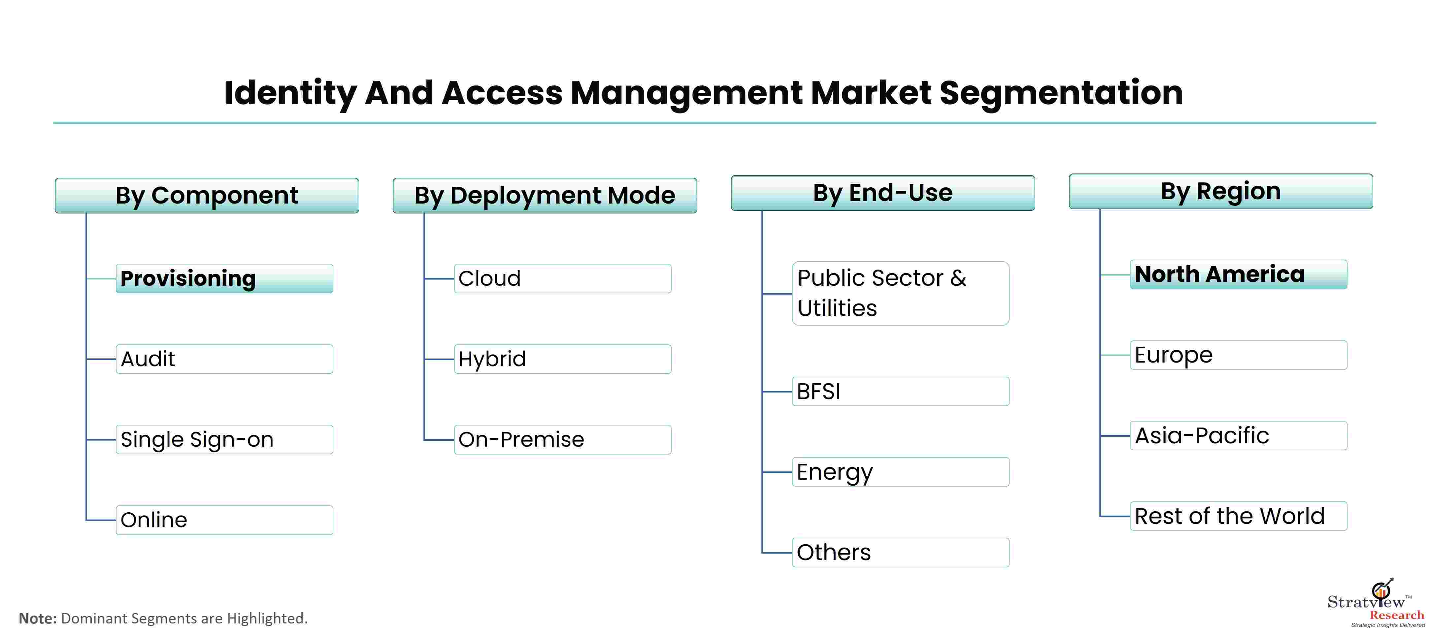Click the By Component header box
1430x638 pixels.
207,195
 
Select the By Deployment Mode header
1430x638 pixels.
545,195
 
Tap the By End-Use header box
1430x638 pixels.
882,193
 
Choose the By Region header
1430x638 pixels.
1221,191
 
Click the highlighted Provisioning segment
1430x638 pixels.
224,278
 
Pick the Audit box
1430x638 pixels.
224,359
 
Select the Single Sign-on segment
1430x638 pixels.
224,439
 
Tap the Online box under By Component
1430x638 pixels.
224,520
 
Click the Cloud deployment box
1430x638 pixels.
562,278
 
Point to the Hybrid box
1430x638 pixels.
562,359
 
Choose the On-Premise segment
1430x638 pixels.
562,439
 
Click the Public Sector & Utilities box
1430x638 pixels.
900,294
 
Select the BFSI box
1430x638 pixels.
900,392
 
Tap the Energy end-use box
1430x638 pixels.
900,472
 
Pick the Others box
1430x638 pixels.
900,553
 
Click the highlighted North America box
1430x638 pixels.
1239,274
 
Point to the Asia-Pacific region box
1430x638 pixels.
1239,435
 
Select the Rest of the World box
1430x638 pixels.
1239,516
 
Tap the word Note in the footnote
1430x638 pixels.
38,618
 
